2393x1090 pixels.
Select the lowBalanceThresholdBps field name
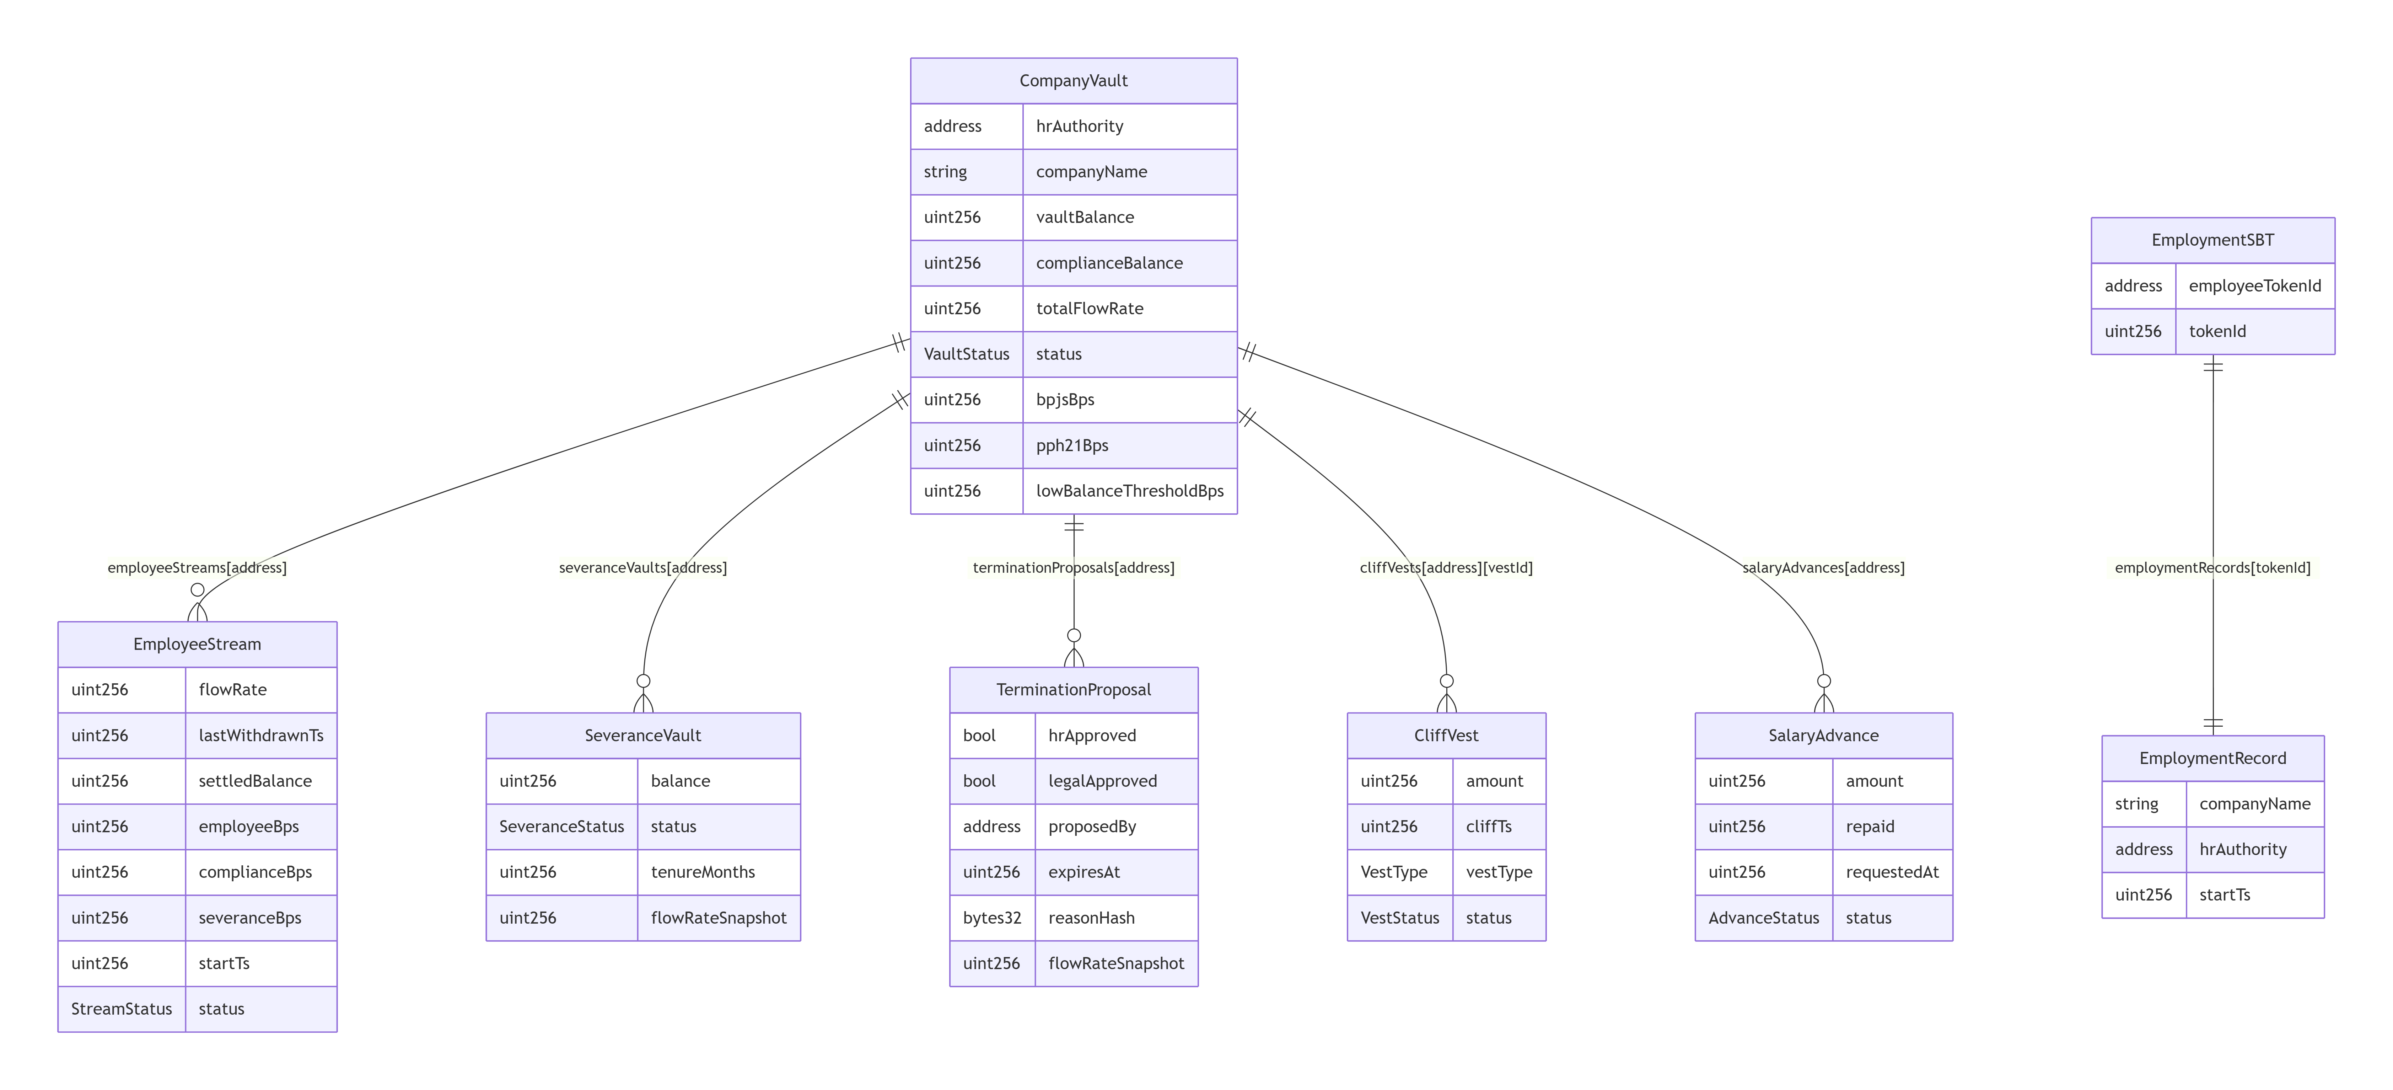pyautogui.click(x=1130, y=491)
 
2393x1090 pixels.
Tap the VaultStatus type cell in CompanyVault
pyautogui.click(x=966, y=354)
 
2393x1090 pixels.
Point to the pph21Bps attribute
pyautogui.click(x=1072, y=445)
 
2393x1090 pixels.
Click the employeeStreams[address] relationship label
pyautogui.click(x=197, y=568)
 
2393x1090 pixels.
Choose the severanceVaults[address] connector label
pyautogui.click(x=643, y=568)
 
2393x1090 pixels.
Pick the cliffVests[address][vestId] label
pyautogui.click(x=1446, y=568)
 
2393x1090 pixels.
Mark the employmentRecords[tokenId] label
pyautogui.click(x=2213, y=568)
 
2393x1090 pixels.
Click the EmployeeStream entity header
pyautogui.click(x=197, y=644)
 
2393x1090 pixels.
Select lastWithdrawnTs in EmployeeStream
pyautogui.click(x=261, y=735)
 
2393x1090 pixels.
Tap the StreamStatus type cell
pyautogui.click(x=122, y=1009)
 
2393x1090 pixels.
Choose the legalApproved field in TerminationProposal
pyautogui.click(x=1103, y=781)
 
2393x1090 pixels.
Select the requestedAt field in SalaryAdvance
pyautogui.click(x=1892, y=872)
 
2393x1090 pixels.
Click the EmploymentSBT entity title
pyautogui.click(x=2213, y=240)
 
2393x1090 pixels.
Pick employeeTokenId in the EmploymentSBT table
pyautogui.click(x=2254, y=285)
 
